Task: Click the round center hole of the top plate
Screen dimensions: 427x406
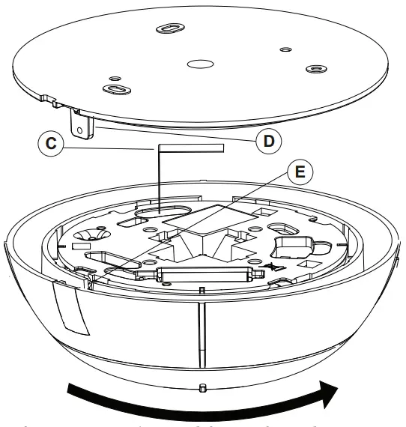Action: coord(199,65)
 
